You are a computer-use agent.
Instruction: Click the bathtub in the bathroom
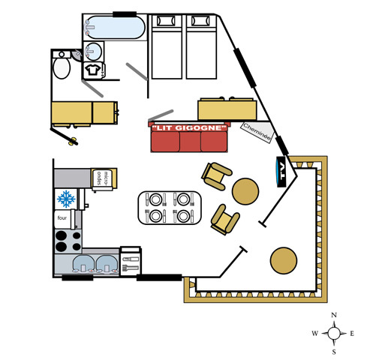[x=115, y=28]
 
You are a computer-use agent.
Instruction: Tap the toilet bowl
[x=62, y=68]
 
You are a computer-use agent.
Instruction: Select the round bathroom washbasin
[x=93, y=52]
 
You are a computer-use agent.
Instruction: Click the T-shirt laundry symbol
[x=93, y=70]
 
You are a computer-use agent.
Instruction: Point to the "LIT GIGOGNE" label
[x=189, y=128]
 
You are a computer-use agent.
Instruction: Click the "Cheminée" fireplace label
[x=257, y=131]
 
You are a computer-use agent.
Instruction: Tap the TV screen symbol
[x=281, y=172]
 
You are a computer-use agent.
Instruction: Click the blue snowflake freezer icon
[x=66, y=199]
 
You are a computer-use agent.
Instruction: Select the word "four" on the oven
[x=62, y=218]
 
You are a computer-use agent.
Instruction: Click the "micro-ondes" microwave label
[x=103, y=178]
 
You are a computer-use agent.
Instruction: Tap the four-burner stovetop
[x=68, y=241]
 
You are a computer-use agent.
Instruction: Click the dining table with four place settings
[x=170, y=208]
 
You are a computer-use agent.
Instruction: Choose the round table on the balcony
[x=284, y=260]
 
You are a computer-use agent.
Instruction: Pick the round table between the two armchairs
[x=245, y=191]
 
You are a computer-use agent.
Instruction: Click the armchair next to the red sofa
[x=216, y=176]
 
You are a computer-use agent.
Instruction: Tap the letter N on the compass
[x=334, y=315]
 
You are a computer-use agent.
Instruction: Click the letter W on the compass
[x=314, y=333]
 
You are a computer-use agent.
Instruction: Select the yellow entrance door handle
[x=73, y=141]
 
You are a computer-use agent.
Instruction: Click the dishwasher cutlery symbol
[x=131, y=264]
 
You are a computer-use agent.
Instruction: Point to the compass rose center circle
[x=334, y=333]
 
